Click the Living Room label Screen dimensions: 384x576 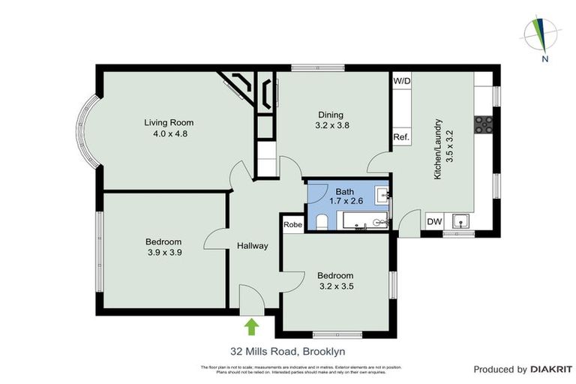tap(169, 122)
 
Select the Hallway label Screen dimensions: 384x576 tap(253, 246)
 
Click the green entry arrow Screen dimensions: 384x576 tap(252, 326)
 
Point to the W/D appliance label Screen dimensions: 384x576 tap(401, 80)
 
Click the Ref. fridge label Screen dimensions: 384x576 tap(401, 137)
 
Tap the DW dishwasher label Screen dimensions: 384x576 tap(434, 221)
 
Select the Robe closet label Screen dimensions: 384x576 tap(292, 223)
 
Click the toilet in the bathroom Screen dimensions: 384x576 tap(321, 220)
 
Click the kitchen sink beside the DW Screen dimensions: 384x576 tap(460, 220)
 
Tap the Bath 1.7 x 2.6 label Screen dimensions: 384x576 tap(345, 196)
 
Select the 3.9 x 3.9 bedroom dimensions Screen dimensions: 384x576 tap(163, 253)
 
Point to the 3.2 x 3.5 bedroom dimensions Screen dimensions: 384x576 tap(335, 286)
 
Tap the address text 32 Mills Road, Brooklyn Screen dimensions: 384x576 tap(287, 351)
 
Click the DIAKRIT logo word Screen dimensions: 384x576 tap(551, 369)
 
